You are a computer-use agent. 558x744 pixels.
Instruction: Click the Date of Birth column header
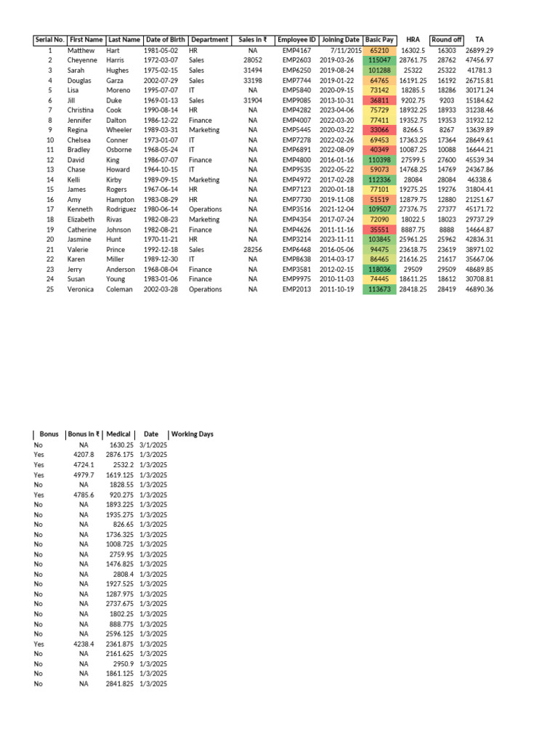point(164,39)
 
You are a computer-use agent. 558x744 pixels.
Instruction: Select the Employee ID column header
point(296,39)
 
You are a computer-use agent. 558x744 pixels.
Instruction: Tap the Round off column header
point(446,39)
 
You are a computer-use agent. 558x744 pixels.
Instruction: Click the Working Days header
point(192,434)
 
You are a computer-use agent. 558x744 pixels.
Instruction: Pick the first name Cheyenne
point(82,60)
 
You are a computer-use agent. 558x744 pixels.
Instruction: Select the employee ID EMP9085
point(296,100)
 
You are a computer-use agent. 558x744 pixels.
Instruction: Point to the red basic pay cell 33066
point(379,130)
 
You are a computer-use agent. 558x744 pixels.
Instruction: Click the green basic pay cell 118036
point(379,269)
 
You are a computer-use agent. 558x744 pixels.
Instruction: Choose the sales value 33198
point(252,81)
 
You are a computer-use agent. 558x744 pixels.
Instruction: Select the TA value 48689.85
point(480,269)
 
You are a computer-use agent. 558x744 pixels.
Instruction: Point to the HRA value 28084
point(413,179)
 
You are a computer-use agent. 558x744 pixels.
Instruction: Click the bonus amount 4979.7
point(84,474)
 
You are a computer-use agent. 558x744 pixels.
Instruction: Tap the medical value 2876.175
point(119,454)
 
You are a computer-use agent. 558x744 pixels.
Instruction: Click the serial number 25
point(50,289)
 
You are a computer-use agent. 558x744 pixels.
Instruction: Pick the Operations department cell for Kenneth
point(205,209)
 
